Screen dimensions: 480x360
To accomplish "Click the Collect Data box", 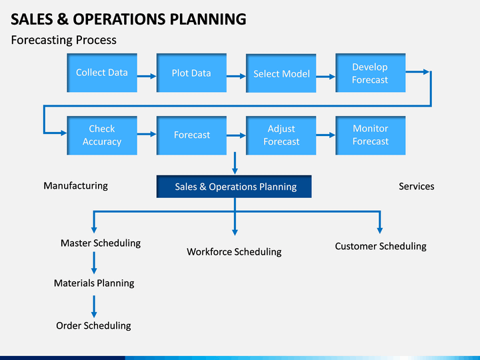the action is pos(102,73).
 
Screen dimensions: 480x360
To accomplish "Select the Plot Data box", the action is pos(191,73).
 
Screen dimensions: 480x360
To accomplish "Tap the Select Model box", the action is pos(281,73).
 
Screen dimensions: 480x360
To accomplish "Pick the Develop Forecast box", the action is pos(371,73).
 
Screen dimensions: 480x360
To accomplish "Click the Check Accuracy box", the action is pos(102,135).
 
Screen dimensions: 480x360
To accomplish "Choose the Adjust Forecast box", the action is pos(281,135).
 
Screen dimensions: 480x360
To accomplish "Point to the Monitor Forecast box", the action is pos(371,135).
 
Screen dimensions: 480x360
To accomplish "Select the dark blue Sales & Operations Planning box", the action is pos(234,187).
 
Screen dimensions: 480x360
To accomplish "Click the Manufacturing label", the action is pos(75,186).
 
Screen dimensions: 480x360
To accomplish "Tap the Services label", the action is pos(416,186).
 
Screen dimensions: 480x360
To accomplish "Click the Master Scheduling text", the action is pos(101,243).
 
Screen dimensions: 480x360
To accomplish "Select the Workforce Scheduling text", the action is pos(234,251).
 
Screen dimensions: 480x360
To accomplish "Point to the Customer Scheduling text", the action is pos(381,246).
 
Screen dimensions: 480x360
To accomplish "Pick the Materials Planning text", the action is pos(94,283).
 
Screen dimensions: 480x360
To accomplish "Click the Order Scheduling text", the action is pos(93,326).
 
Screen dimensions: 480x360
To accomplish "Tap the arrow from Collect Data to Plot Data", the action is pos(147,76).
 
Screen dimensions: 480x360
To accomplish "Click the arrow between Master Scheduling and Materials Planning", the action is pos(94,263).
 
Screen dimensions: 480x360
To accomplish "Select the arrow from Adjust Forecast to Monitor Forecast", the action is pos(326,135).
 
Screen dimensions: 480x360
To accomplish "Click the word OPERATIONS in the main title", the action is pos(119,19).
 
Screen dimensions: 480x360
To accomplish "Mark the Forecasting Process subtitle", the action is pos(64,40).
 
